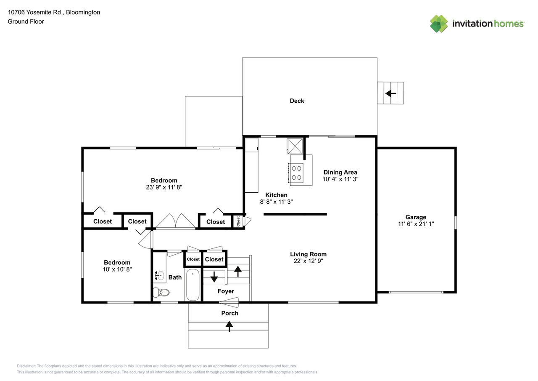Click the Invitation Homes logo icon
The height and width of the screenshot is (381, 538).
tap(439, 24)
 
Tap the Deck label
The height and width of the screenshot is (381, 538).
tap(297, 101)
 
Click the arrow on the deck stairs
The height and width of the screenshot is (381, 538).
tap(391, 93)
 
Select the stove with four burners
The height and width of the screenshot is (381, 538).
tap(297, 173)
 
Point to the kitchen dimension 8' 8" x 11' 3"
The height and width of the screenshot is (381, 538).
tap(276, 202)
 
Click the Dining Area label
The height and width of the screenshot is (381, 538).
tap(340, 172)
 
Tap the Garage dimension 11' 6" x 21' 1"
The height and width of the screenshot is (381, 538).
tap(416, 224)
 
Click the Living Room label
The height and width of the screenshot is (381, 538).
tap(308, 254)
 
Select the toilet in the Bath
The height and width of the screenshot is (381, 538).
tap(161, 292)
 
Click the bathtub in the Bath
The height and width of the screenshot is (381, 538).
tap(193, 285)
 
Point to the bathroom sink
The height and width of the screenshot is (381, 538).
tap(159, 276)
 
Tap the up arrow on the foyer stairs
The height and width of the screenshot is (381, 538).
tap(238, 271)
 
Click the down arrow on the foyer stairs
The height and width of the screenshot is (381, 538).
tap(214, 277)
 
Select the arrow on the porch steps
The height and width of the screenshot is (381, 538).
tap(229, 326)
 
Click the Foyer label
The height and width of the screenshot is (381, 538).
tap(226, 291)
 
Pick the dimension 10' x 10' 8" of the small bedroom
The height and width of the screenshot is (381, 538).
tap(117, 269)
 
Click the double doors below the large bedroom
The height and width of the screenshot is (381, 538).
tap(176, 221)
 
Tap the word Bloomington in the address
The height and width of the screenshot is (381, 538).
tap(85, 12)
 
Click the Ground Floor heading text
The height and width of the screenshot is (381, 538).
tap(26, 21)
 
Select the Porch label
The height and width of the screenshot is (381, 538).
tap(229, 313)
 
